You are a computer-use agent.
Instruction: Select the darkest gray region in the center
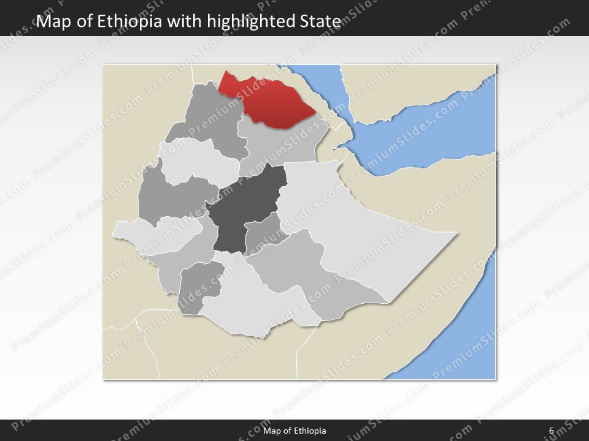coord(242,208)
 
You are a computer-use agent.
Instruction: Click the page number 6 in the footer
coord(552,431)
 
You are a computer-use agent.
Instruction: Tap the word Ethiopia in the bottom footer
coord(309,431)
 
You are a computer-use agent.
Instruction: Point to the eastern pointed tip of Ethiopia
coord(455,233)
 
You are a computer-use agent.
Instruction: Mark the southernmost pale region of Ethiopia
coord(258,306)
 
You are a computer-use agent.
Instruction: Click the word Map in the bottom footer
coord(272,431)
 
